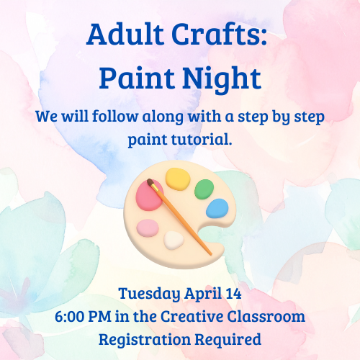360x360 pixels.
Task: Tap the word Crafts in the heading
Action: pyautogui.click(x=229, y=35)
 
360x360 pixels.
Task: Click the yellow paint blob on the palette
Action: pyautogui.click(x=176, y=176)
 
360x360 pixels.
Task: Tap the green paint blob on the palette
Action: pyautogui.click(x=204, y=189)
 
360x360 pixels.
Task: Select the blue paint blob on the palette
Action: pyautogui.click(x=217, y=209)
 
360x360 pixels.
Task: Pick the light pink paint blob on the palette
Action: pyautogui.click(x=148, y=228)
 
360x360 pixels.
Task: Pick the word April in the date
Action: pyautogui.click(x=199, y=294)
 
